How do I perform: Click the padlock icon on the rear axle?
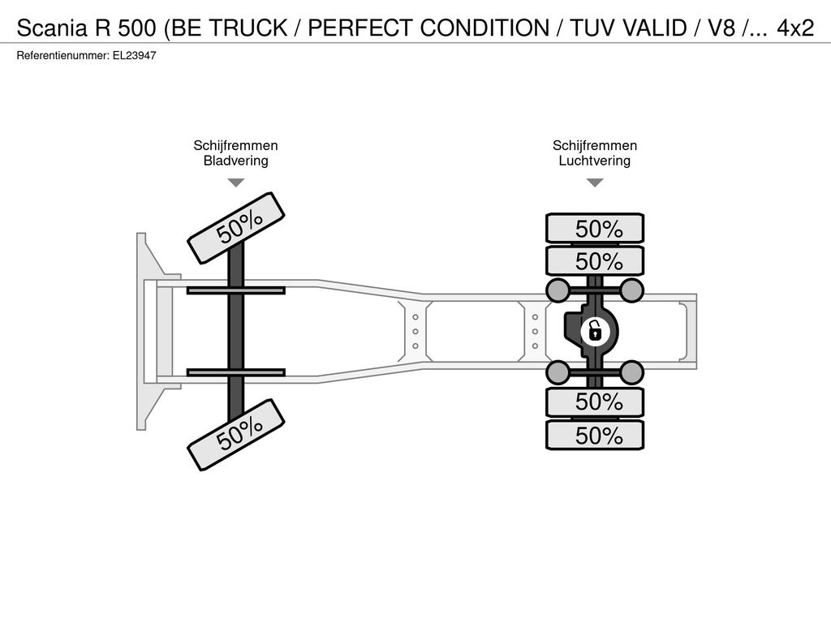pyautogui.click(x=595, y=332)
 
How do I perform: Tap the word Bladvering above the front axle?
pyautogui.click(x=236, y=161)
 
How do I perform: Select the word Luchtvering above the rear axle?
pyautogui.click(x=595, y=161)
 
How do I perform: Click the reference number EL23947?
pyautogui.click(x=134, y=55)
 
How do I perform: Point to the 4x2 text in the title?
pyautogui.click(x=795, y=28)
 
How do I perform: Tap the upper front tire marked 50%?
pyautogui.click(x=236, y=228)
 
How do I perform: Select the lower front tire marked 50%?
pyautogui.click(x=236, y=435)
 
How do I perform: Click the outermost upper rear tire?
pyautogui.click(x=595, y=228)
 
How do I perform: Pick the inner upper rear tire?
pyautogui.click(x=595, y=260)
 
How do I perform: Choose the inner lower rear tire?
pyautogui.click(x=595, y=402)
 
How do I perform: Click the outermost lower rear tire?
pyautogui.click(x=595, y=435)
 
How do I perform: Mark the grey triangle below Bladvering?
pyautogui.click(x=236, y=183)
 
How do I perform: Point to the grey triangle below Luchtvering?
pyautogui.click(x=595, y=183)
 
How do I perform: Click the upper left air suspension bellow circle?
pyautogui.click(x=558, y=290)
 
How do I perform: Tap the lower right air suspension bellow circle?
pyautogui.click(x=631, y=372)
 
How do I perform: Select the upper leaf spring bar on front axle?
pyautogui.click(x=236, y=290)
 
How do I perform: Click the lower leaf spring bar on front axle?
pyautogui.click(x=236, y=372)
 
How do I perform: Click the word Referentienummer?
pyautogui.click(x=63, y=55)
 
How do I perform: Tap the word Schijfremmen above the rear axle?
pyautogui.click(x=595, y=145)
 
